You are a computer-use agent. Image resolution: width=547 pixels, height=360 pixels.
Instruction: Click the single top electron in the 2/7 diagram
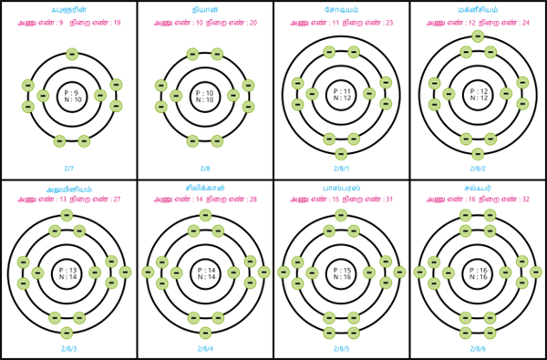tap(72, 55)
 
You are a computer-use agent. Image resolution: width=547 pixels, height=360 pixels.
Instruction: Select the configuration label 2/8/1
tap(341, 169)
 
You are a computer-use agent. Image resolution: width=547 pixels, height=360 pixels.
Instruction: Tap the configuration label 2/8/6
tap(478, 348)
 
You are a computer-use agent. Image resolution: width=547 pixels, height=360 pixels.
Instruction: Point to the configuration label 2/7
tap(69, 169)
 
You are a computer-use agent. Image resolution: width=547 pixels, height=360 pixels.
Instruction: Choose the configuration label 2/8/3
tap(69, 348)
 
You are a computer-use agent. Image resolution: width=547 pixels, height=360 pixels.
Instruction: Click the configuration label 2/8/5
tap(341, 348)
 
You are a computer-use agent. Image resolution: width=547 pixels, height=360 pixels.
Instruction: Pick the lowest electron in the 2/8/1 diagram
tap(341, 154)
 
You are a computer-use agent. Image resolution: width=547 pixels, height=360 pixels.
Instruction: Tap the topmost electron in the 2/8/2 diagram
tap(478, 36)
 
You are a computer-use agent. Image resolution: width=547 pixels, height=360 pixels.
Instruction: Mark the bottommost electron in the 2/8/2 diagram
tap(478, 154)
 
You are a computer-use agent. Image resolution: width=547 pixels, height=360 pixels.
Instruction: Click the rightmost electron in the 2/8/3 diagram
tap(125, 272)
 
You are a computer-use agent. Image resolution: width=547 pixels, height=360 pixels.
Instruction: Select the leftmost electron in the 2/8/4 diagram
tap(148, 272)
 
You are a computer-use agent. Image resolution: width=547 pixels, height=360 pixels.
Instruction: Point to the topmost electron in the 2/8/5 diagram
tap(341, 215)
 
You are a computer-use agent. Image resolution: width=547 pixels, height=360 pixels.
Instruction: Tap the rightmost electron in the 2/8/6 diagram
tap(535, 272)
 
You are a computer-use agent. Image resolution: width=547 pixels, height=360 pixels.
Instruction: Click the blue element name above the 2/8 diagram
tap(205, 10)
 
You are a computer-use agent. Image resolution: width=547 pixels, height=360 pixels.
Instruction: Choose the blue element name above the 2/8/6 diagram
tap(478, 188)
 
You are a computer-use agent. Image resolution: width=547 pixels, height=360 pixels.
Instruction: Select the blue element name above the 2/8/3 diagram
tap(69, 188)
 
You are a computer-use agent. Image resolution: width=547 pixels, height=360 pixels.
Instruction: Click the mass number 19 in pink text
tap(117, 22)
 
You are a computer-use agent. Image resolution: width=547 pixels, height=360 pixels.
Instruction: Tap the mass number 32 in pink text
tap(525, 199)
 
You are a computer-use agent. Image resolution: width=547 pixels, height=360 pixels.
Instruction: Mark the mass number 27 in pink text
tap(117, 199)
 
